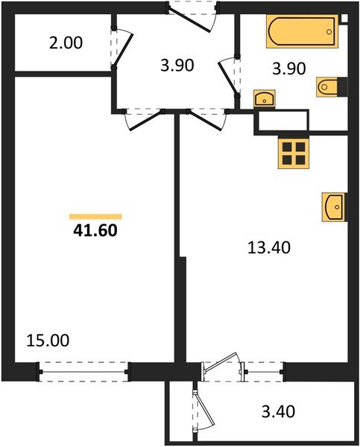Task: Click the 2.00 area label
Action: coord(66,42)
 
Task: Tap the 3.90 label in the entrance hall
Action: coord(177,65)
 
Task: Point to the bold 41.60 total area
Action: coord(95,231)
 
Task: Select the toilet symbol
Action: coord(329,87)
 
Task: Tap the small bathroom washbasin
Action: coord(264,98)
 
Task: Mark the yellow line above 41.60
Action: coord(95,217)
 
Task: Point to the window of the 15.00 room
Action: coord(84,369)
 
